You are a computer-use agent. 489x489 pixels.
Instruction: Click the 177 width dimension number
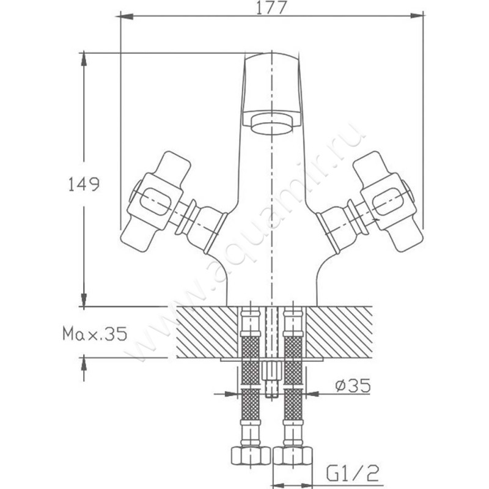[x=270, y=9]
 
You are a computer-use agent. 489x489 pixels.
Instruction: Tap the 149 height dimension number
[x=84, y=184]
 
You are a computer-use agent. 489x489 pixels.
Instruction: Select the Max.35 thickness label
[x=95, y=334]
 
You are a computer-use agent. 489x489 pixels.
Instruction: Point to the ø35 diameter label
[x=353, y=386]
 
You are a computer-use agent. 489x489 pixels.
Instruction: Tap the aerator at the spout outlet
[x=272, y=124]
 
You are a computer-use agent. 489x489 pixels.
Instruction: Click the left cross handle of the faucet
[x=156, y=202]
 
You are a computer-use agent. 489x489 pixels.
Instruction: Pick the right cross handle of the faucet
[x=388, y=202]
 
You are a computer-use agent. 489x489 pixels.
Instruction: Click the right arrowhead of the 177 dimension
[x=417, y=16]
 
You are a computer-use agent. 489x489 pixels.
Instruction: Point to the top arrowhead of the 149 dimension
[x=83, y=60]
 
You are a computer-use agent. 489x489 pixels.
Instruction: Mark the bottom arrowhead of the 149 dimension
[x=83, y=300]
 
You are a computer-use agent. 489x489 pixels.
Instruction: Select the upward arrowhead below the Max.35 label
[x=83, y=364]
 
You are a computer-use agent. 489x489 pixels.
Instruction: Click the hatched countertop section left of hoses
[x=207, y=332]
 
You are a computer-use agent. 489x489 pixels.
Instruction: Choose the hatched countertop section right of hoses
[x=339, y=332]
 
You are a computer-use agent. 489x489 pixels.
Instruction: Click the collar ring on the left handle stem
[x=186, y=218]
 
